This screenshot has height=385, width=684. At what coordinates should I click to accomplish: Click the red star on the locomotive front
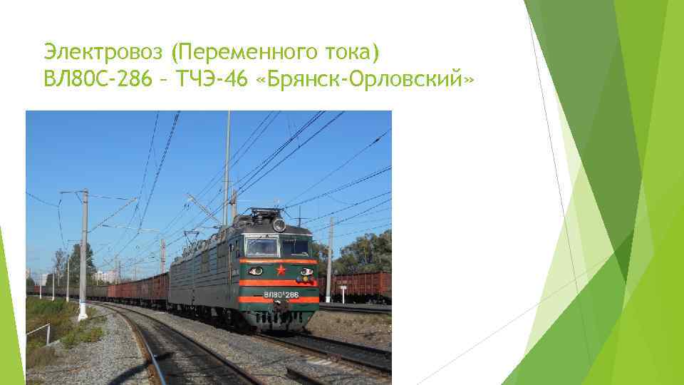tap(280, 270)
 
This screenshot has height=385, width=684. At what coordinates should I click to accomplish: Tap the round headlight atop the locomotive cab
tap(279, 226)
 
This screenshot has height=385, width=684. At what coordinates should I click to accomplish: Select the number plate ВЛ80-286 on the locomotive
tap(281, 294)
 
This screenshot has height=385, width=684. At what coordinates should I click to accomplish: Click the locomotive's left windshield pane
tap(261, 247)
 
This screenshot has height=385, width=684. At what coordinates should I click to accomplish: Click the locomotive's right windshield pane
tap(296, 247)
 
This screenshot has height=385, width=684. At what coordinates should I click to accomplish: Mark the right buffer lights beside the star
tap(306, 272)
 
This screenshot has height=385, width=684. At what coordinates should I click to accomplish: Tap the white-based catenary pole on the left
tap(83, 257)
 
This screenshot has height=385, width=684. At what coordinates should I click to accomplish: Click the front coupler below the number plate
tap(281, 308)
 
